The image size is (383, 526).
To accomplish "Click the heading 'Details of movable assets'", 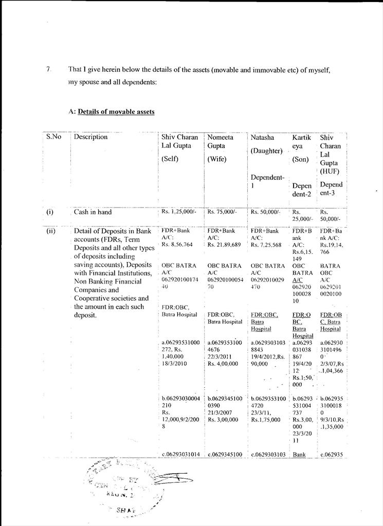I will pos(116,111).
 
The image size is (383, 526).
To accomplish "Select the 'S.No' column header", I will pos(54,137).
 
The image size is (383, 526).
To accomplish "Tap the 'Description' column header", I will pos(91,137).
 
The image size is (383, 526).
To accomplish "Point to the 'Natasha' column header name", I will pos(262,138).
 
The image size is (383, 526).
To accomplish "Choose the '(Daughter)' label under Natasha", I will pos(266,151).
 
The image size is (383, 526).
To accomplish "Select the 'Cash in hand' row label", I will pos(93,212).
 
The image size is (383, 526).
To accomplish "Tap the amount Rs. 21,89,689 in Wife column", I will pos(224,245).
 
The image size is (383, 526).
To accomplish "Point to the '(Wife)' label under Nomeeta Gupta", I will pos(217,159).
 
